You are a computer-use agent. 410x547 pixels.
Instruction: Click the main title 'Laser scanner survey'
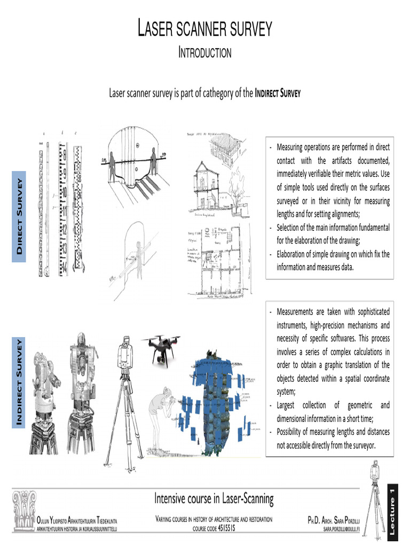pyautogui.click(x=205, y=29)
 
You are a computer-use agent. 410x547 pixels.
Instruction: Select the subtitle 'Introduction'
pyautogui.click(x=205, y=52)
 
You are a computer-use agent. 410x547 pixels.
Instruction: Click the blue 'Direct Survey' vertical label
pyautogui.click(x=20, y=216)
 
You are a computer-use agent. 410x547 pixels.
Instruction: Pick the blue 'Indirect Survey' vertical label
pyautogui.click(x=20, y=382)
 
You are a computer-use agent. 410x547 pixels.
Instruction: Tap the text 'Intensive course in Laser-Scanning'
pyautogui.click(x=214, y=499)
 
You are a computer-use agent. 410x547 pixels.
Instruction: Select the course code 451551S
pyautogui.click(x=214, y=528)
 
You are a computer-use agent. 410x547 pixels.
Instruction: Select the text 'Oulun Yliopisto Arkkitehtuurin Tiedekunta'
pyautogui.click(x=77, y=520)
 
